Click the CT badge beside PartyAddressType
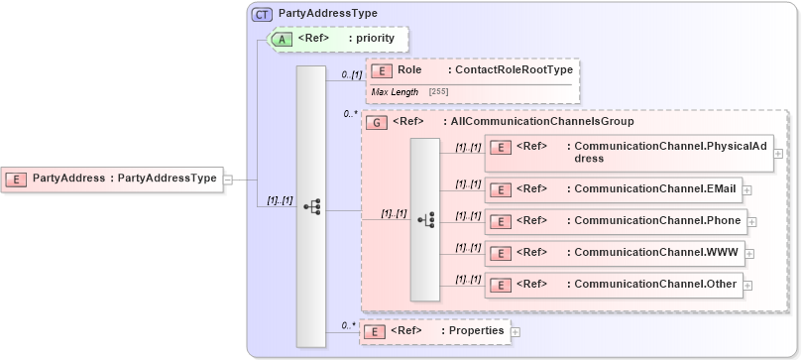coord(263,14)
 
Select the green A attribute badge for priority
coord(282,39)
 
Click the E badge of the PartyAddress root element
coord(17,179)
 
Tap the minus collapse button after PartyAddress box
coord(228,180)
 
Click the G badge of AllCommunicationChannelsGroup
coord(377,122)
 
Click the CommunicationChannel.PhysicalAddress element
coord(631,152)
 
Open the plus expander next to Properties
coord(516,331)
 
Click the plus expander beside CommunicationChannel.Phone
coord(752,222)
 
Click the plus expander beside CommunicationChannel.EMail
coord(746,189)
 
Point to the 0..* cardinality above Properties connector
coord(348,324)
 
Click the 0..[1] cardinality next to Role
coord(351,74)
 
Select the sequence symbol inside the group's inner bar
coord(425,219)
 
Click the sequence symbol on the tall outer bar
coord(311,206)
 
